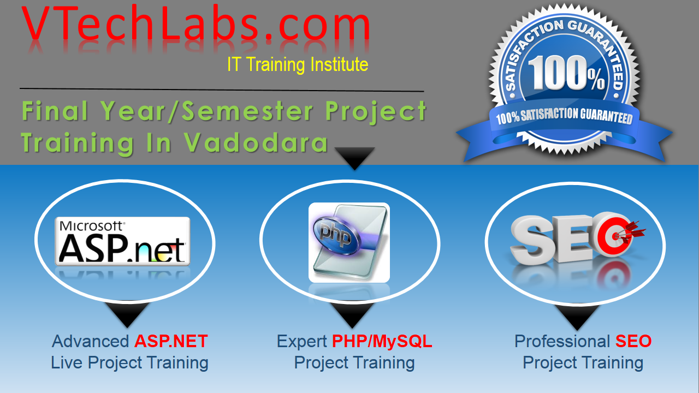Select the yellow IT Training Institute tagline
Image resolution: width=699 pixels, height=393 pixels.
(298, 65)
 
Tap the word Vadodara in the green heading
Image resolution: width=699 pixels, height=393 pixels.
(256, 142)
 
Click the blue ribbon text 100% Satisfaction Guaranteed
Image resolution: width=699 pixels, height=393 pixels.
(564, 116)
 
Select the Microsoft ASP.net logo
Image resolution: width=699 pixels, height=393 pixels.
(123, 241)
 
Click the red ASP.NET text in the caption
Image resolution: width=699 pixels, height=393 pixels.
(171, 342)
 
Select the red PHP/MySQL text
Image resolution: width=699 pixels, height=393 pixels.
(382, 342)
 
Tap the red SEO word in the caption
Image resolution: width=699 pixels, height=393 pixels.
(633, 342)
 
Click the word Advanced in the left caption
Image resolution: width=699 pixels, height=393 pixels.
(90, 342)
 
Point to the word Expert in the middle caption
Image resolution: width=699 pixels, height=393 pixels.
(302, 342)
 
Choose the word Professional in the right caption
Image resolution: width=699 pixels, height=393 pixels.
(562, 342)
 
